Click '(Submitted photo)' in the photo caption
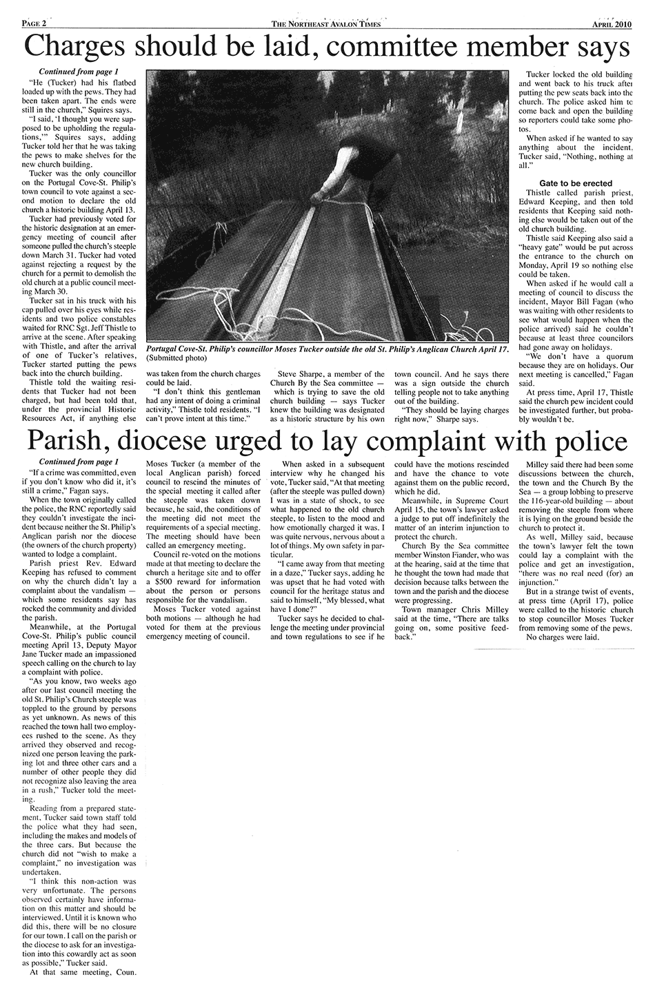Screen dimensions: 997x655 (178, 359)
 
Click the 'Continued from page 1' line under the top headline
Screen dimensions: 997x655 (78, 72)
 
